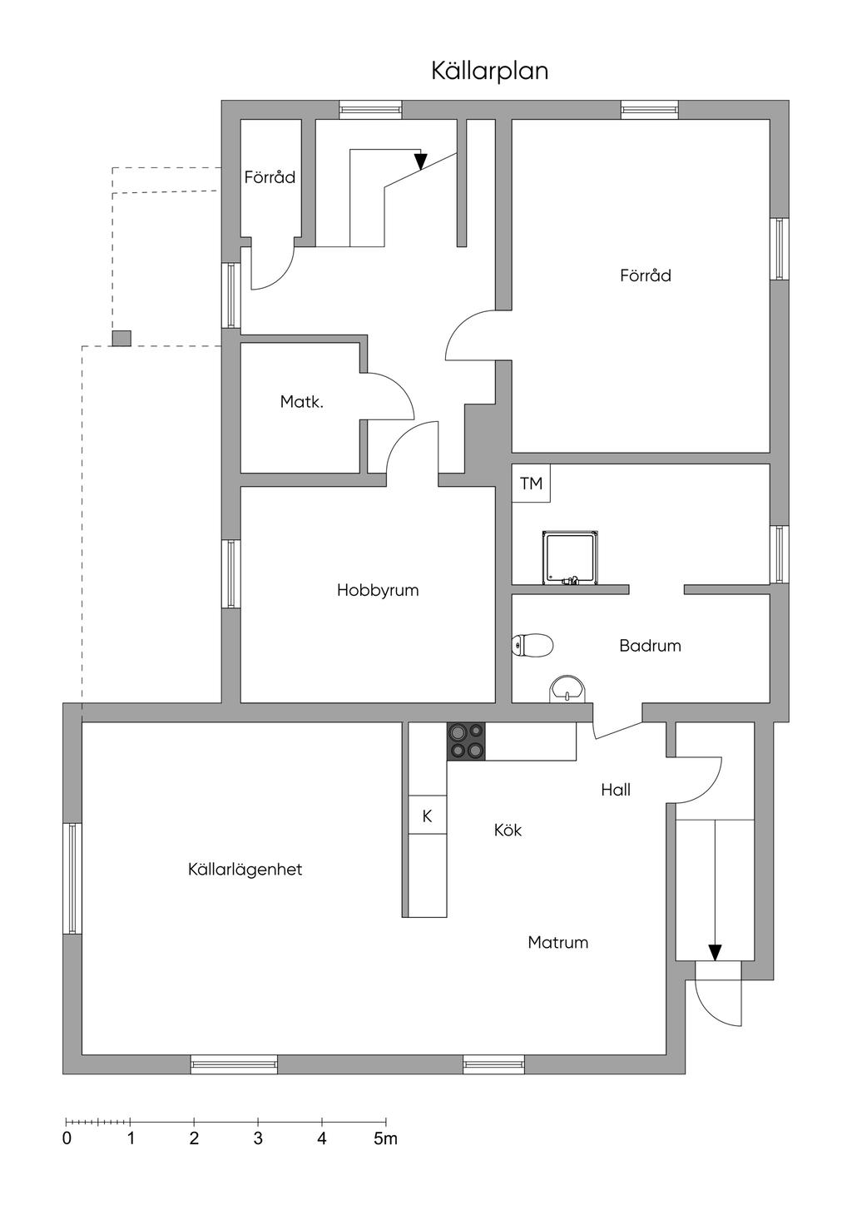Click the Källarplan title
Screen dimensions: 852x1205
[489, 72]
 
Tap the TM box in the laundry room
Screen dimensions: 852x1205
[531, 483]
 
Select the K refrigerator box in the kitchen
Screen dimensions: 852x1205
[427, 816]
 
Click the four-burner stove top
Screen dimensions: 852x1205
[466, 741]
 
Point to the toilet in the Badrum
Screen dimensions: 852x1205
[532, 644]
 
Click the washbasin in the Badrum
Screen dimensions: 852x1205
[567, 689]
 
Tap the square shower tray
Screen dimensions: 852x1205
[570, 558]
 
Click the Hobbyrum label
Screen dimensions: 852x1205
[378, 590]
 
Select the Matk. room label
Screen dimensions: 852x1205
[302, 401]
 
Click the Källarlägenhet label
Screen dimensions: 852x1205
[245, 869]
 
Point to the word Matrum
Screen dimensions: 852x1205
[557, 942]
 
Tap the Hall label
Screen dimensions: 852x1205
[616, 790]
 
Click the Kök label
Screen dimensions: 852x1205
[508, 830]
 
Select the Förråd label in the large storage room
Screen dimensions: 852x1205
[646, 275]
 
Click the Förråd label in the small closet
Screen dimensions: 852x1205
[270, 177]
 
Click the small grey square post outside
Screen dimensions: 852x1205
[121, 339]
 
